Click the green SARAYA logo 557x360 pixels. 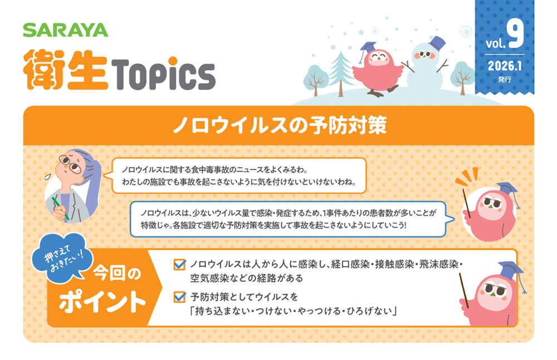coord(66,30)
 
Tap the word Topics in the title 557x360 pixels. coord(163,74)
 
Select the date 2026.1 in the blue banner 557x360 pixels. coord(505,66)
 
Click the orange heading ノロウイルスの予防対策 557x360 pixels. coord(280,125)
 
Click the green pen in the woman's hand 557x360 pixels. coord(60,208)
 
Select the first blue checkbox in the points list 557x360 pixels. coord(179,264)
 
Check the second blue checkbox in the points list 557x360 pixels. coord(179,296)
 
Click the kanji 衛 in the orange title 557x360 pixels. coord(43,70)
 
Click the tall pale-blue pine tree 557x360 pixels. coord(340,73)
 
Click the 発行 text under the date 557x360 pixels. coord(505,79)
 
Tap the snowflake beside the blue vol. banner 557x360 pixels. coord(466,32)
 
